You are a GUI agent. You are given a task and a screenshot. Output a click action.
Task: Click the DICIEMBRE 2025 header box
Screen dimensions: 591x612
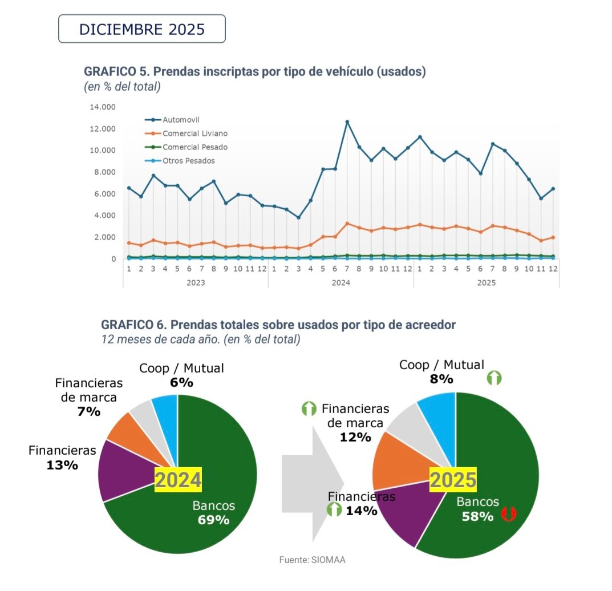142,29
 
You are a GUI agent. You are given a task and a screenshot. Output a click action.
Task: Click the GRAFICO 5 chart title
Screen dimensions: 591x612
255,72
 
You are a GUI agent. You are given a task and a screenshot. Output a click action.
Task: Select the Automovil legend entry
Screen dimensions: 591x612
179,120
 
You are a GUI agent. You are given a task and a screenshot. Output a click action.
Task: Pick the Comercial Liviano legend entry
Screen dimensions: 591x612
194,133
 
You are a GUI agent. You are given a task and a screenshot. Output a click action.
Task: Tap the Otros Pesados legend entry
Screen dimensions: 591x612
188,161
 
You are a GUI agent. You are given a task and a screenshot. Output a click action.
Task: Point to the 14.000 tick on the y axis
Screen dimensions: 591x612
103,107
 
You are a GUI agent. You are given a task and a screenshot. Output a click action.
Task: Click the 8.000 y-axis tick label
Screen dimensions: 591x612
104,172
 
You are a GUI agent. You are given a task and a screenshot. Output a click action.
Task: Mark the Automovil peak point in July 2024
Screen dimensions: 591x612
347,122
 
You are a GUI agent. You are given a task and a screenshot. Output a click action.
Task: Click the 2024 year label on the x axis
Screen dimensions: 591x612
341,282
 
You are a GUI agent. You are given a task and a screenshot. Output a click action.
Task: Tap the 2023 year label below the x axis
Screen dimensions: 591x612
195,282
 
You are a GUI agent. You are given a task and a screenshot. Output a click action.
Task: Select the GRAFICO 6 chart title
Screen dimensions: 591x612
278,325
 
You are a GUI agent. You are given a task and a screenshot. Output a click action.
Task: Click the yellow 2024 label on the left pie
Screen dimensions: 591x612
179,480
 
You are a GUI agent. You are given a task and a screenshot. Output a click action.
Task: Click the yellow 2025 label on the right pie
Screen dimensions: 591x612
453,480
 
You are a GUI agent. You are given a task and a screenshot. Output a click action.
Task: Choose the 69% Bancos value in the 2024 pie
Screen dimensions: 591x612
213,520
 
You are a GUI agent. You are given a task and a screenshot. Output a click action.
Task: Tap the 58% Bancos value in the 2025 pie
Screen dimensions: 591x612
477,516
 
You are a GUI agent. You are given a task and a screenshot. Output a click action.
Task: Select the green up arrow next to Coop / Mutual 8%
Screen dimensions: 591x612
494,378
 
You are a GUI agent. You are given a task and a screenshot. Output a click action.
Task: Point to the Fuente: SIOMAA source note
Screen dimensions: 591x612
312,560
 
